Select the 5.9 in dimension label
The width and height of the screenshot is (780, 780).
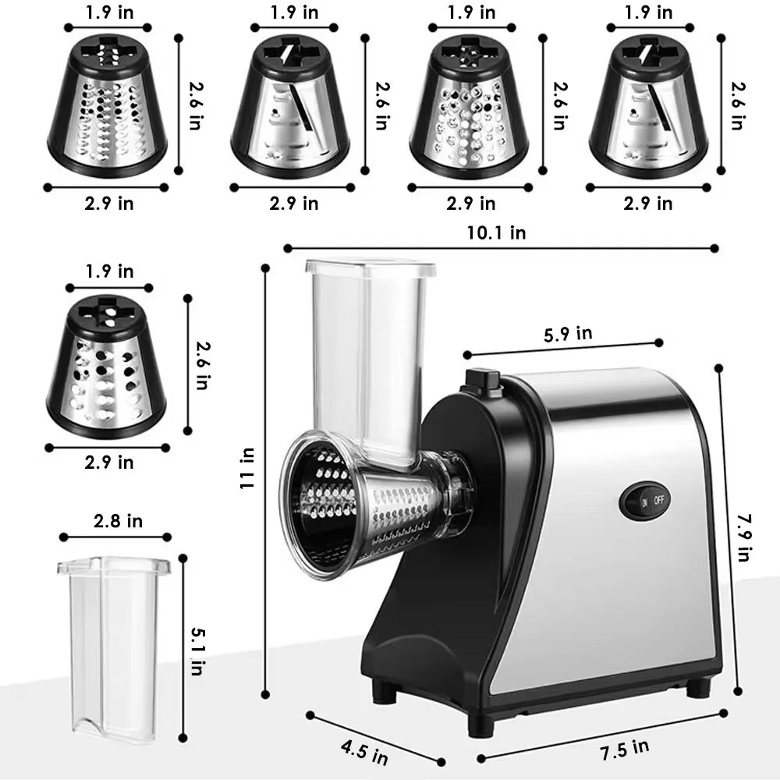(x=567, y=334)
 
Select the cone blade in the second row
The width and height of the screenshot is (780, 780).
(x=106, y=367)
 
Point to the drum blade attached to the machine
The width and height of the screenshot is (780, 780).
(x=367, y=503)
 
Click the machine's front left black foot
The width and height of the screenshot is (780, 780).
(x=480, y=724)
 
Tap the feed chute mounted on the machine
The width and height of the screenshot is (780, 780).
(x=369, y=351)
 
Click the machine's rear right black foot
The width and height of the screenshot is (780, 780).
(x=698, y=686)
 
